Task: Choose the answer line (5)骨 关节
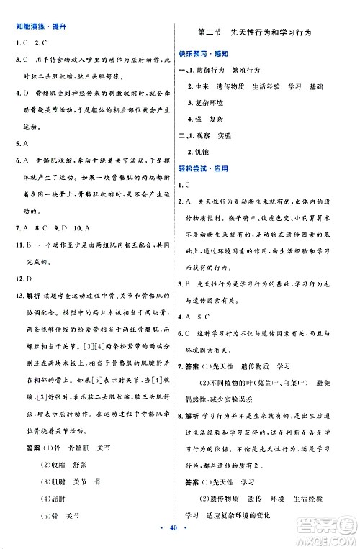tap(62, 515)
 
